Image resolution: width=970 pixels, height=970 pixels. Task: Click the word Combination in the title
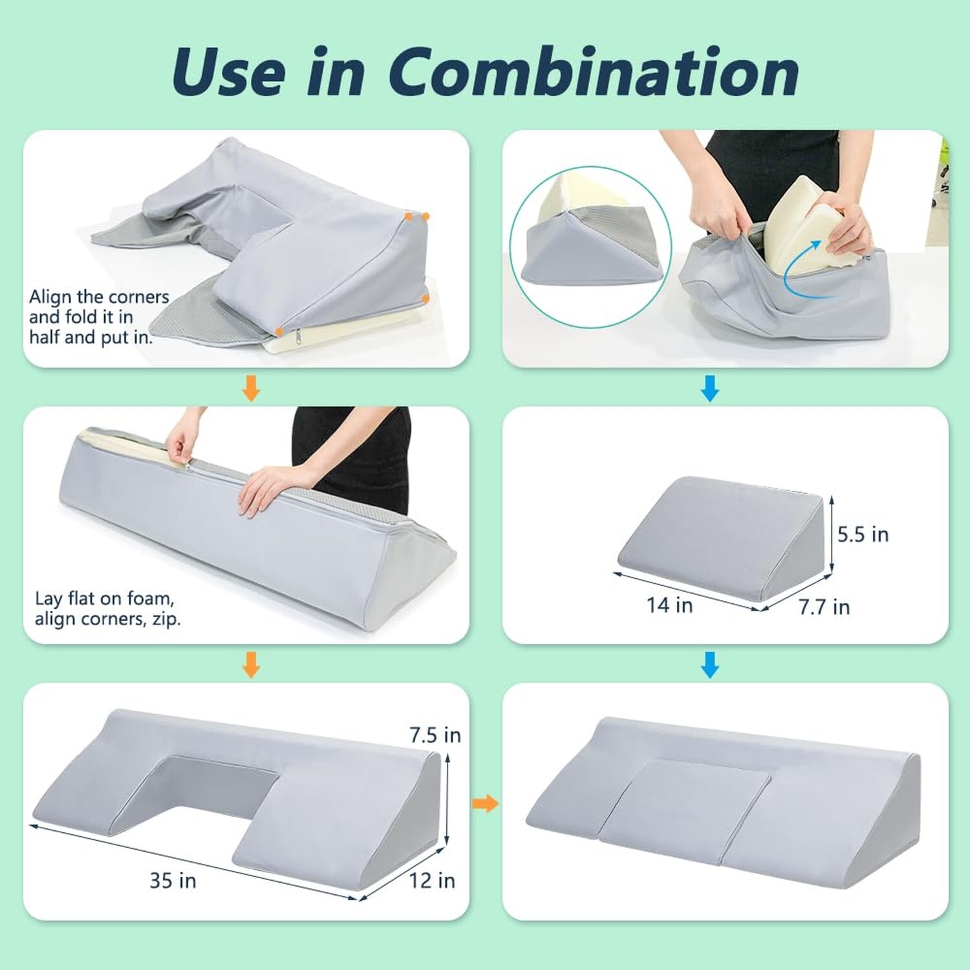pyautogui.click(x=594, y=72)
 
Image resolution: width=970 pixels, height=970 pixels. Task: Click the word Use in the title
pyautogui.click(x=228, y=72)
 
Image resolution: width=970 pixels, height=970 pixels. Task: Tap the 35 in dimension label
pyautogui.click(x=173, y=880)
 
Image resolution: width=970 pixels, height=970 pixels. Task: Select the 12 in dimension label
pyautogui.click(x=432, y=880)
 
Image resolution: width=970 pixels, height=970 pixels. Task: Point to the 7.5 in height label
pyautogui.click(x=435, y=735)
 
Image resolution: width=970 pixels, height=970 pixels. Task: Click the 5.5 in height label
pyautogui.click(x=863, y=534)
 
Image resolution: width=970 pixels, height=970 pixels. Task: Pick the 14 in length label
pyautogui.click(x=669, y=605)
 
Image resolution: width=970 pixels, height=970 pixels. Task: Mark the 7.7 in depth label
pyautogui.click(x=824, y=607)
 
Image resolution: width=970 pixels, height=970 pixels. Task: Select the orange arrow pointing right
pyautogui.click(x=486, y=804)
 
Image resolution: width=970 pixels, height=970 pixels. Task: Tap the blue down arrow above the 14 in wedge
pyautogui.click(x=709, y=665)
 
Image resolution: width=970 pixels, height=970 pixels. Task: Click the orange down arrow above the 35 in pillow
pyautogui.click(x=251, y=665)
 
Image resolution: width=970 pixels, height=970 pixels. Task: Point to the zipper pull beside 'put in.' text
pyautogui.click(x=298, y=338)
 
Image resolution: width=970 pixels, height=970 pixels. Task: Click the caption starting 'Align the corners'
pyautogui.click(x=98, y=317)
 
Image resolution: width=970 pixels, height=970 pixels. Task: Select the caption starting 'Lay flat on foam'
pyautogui.click(x=107, y=609)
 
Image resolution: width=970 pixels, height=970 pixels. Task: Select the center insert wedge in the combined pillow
pyautogui.click(x=685, y=802)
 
